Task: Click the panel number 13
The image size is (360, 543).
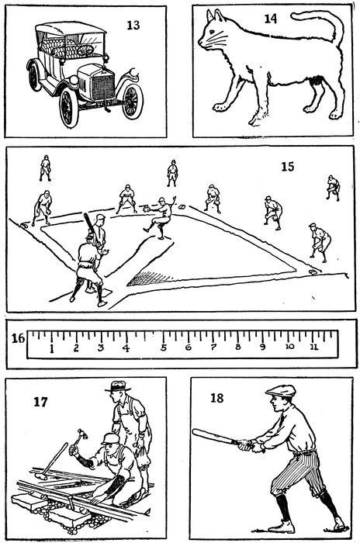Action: pos(133,26)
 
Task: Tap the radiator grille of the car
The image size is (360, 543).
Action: pos(102,87)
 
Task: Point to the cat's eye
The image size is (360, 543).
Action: pos(212,32)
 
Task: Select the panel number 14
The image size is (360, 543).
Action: pos(271,19)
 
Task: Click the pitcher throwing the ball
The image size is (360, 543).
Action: pos(160,217)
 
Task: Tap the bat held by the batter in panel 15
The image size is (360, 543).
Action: pos(89,225)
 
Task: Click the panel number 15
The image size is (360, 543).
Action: pos(288,167)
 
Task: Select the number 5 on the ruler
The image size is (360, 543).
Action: pos(163,348)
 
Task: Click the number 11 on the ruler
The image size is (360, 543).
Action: pos(314,347)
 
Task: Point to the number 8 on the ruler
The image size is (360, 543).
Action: pos(237,347)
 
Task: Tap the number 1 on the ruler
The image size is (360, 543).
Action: pos(52,348)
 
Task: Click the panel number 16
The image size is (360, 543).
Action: pos(18,338)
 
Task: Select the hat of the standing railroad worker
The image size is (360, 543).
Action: pos(118,386)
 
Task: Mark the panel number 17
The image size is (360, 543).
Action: pos(40,402)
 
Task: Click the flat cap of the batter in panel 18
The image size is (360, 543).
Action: pos(281,391)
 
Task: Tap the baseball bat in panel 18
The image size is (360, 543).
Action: pos(216,436)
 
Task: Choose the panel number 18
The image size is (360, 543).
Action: pos(217,398)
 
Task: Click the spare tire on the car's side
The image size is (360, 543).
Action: pos(35,77)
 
